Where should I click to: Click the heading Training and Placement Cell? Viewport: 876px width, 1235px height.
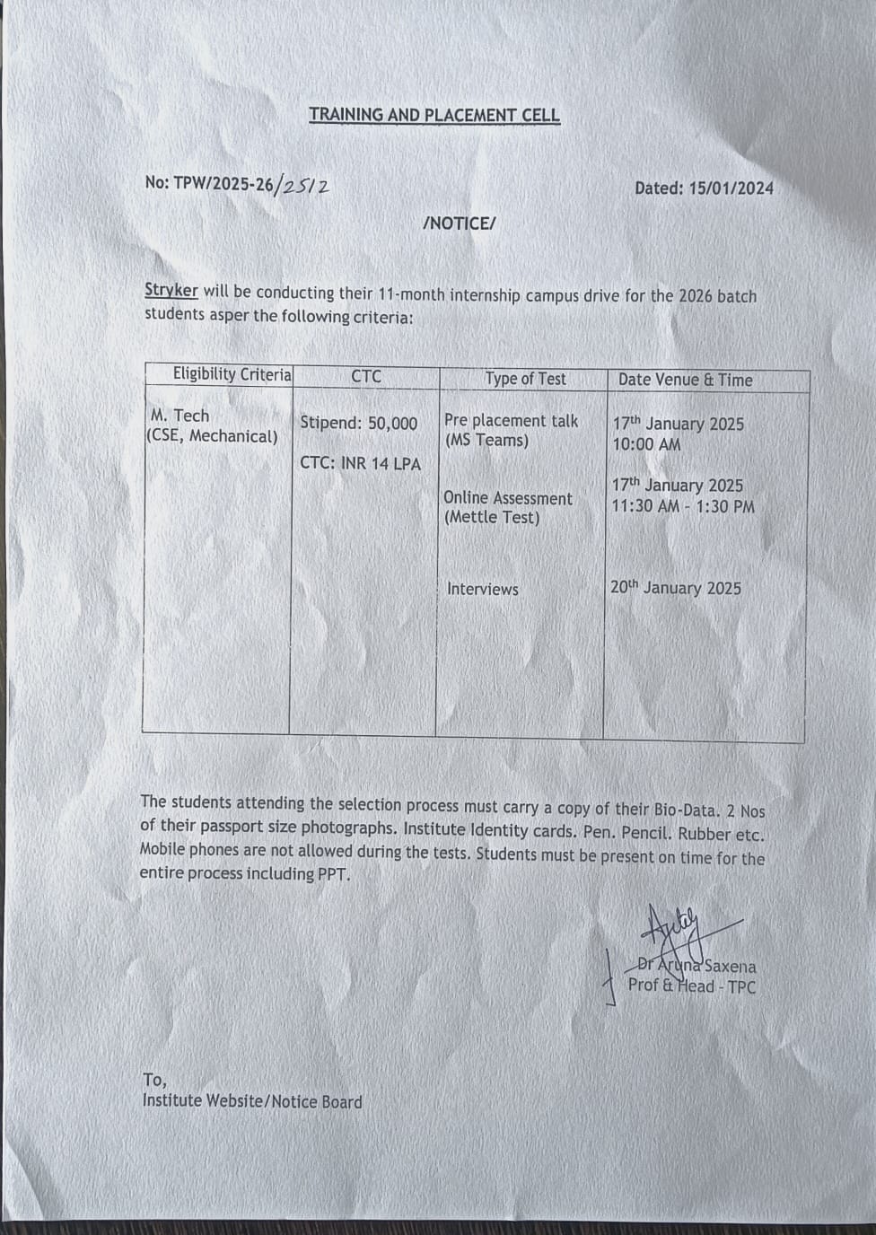pos(434,115)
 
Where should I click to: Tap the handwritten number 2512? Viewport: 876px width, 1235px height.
pos(304,185)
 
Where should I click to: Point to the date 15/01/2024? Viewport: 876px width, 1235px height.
pos(731,188)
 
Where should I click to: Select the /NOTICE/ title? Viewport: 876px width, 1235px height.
pos(459,223)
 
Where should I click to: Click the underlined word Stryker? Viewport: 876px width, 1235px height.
pos(171,291)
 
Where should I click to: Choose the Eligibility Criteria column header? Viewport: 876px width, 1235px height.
pos(232,374)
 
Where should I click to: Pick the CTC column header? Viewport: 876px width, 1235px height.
pos(366,377)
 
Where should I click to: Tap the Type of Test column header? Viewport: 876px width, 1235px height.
pos(525,379)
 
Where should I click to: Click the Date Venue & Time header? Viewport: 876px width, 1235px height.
pos(685,380)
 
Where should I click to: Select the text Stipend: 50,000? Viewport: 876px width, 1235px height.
pos(359,423)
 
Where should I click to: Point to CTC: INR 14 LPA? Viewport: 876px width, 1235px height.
pos(360,463)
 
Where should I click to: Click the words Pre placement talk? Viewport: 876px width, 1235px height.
pos(511,420)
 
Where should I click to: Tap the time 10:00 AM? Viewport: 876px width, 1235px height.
pos(646,444)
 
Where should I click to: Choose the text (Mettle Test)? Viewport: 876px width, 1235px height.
pos(492,518)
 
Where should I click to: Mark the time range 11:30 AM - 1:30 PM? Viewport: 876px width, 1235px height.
pos(683,506)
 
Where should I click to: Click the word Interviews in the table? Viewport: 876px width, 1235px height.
pos(483,589)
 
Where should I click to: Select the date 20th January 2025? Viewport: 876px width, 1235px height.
pos(676,588)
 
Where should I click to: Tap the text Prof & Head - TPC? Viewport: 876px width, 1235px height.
pos(691,986)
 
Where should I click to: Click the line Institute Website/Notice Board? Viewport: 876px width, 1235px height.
pos(252,1101)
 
